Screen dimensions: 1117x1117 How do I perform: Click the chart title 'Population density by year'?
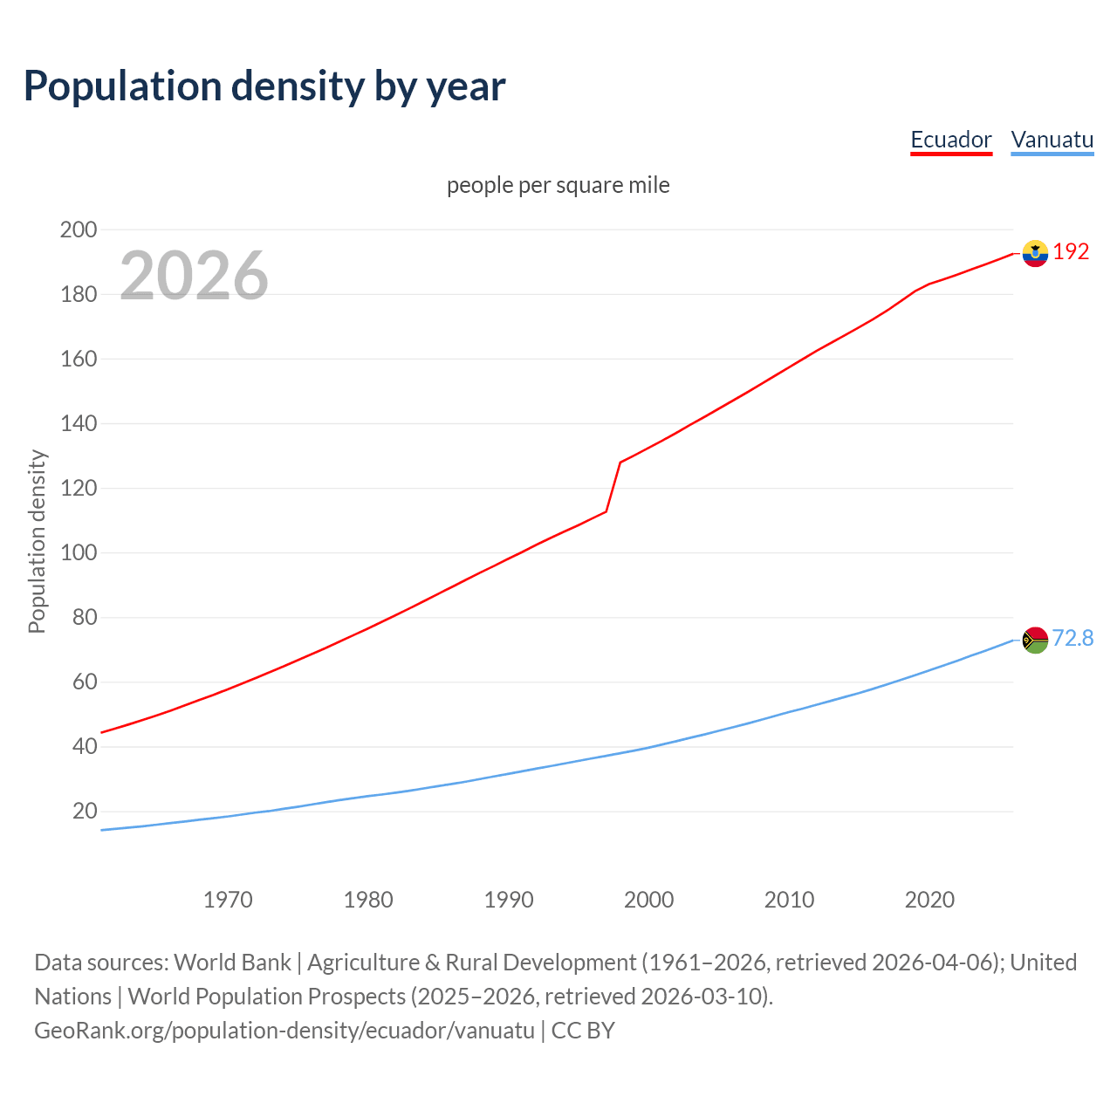tap(264, 86)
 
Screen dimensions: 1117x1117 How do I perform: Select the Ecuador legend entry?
tap(950, 140)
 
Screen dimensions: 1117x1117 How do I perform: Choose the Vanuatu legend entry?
tap(1052, 140)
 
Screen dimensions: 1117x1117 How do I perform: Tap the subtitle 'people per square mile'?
tap(558, 185)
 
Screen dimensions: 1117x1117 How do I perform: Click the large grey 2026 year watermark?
tap(194, 276)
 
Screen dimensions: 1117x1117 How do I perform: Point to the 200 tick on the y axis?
tap(79, 230)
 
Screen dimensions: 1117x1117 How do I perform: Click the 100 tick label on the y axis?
tap(79, 553)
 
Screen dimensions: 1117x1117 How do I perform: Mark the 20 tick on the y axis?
tap(85, 812)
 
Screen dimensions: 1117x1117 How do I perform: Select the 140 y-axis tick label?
tap(79, 424)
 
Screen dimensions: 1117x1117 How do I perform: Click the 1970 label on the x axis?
tap(228, 900)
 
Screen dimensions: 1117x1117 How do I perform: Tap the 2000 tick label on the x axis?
tap(648, 900)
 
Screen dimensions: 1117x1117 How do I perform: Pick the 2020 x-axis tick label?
tap(929, 900)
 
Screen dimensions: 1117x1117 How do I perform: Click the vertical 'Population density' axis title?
tap(37, 541)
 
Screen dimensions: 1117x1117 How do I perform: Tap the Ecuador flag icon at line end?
tap(1035, 253)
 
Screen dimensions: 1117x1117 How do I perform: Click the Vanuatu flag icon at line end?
tap(1035, 640)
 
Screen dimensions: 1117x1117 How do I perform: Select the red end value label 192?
tap(1071, 252)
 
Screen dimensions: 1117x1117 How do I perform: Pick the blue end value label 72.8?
tap(1072, 639)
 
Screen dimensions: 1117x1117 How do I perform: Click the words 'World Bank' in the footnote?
tap(232, 963)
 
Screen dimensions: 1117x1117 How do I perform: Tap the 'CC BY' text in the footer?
tap(583, 1031)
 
